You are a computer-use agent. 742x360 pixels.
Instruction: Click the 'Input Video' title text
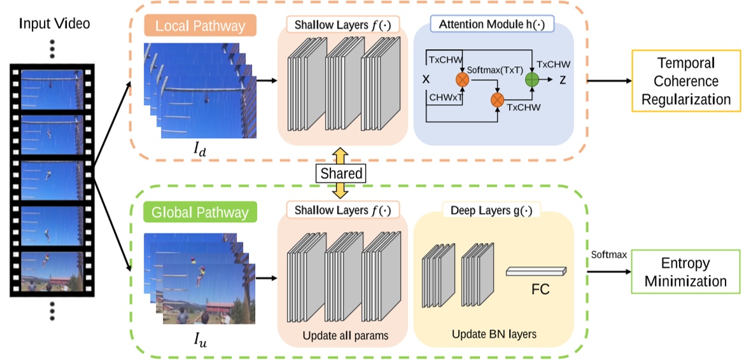point(54,24)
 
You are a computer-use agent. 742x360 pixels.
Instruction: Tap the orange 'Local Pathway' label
point(200,26)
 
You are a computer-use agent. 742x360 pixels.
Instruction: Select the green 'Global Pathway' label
point(200,211)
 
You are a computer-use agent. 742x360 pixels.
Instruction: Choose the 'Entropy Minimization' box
point(683,272)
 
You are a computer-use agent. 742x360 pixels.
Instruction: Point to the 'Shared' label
point(341,173)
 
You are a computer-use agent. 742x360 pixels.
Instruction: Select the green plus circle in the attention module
point(532,80)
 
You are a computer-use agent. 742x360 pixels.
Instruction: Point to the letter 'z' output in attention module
point(563,80)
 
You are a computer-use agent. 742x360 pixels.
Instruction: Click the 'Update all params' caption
point(342,335)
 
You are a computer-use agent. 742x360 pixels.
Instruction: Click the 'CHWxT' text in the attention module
point(444,98)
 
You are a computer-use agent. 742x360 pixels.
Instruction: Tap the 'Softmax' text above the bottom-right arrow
point(609,254)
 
